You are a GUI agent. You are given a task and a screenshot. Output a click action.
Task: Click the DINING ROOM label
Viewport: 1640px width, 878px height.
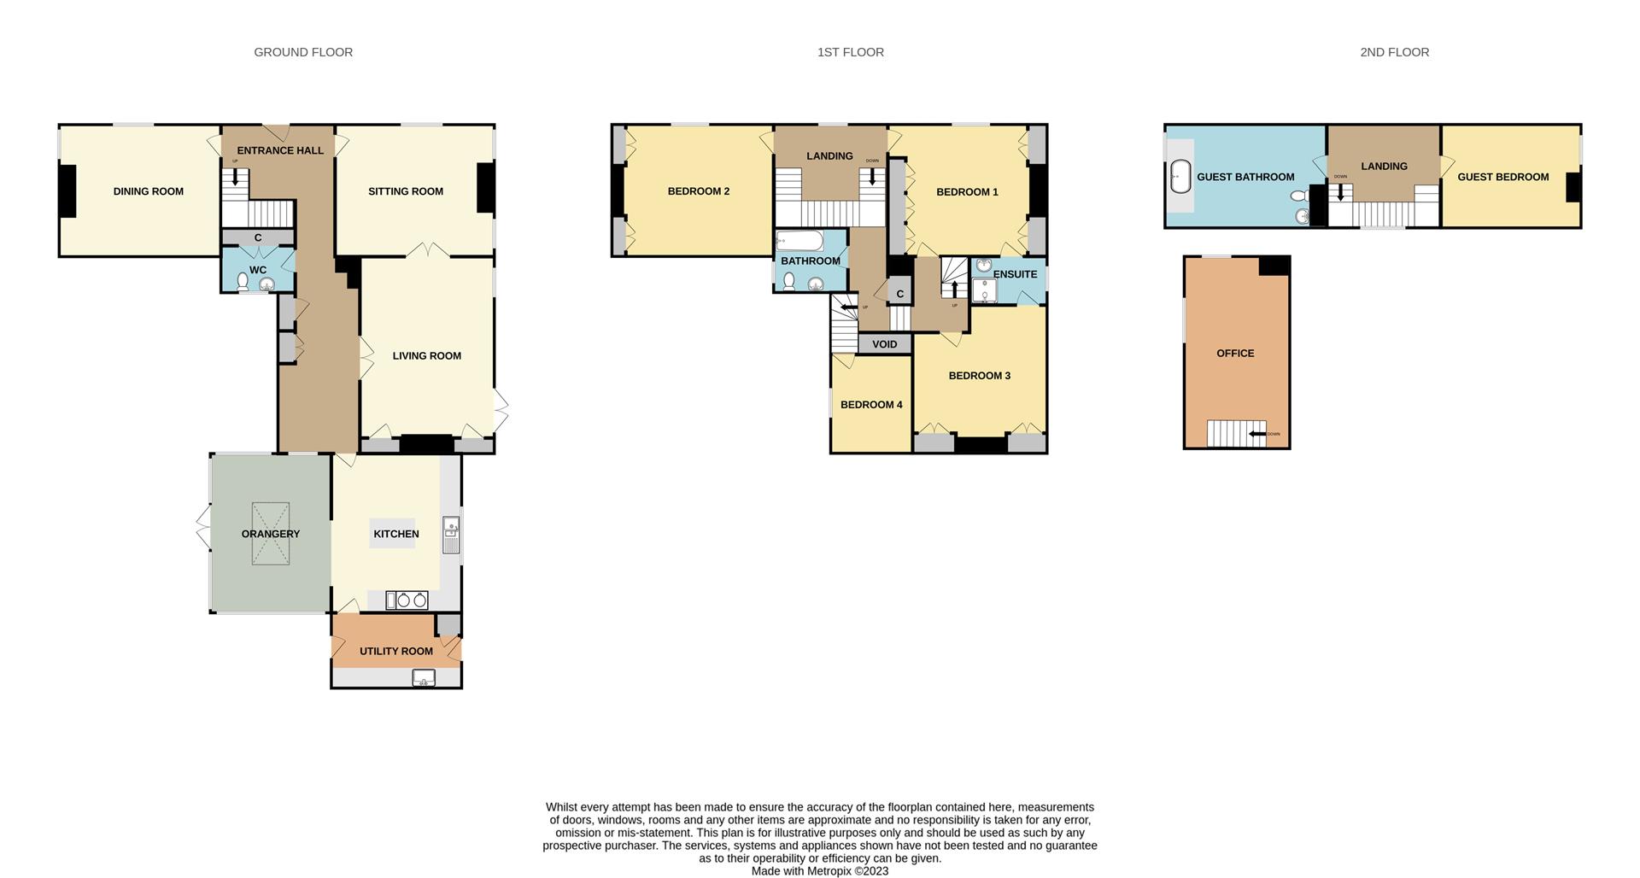(x=148, y=191)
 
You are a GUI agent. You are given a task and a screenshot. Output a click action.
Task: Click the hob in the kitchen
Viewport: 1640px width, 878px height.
(x=406, y=600)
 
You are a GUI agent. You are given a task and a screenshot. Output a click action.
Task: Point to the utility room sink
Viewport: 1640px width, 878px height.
(x=424, y=678)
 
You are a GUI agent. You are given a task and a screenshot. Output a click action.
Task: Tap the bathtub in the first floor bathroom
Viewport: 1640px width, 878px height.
(x=799, y=241)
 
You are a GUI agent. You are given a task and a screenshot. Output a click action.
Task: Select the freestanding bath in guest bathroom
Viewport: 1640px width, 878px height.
(x=1180, y=177)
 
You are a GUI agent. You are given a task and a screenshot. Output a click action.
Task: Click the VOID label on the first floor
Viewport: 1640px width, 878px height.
(x=884, y=344)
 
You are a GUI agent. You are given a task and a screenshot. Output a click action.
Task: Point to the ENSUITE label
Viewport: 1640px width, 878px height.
(x=1015, y=274)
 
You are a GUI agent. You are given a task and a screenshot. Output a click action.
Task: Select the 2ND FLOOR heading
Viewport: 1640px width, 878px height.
(x=1394, y=52)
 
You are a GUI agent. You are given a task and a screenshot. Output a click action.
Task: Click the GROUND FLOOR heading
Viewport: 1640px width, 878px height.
(x=303, y=52)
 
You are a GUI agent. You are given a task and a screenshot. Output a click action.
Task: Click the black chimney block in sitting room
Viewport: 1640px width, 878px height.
(x=485, y=187)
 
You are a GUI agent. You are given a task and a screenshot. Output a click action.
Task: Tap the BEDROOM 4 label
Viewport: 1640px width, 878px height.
(x=870, y=405)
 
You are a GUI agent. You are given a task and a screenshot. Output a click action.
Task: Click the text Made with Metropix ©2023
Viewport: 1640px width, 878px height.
(x=819, y=871)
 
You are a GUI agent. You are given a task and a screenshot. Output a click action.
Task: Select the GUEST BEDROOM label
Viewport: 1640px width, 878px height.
(x=1502, y=177)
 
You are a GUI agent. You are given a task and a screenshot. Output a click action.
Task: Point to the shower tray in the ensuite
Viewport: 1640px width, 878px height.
(x=984, y=291)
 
